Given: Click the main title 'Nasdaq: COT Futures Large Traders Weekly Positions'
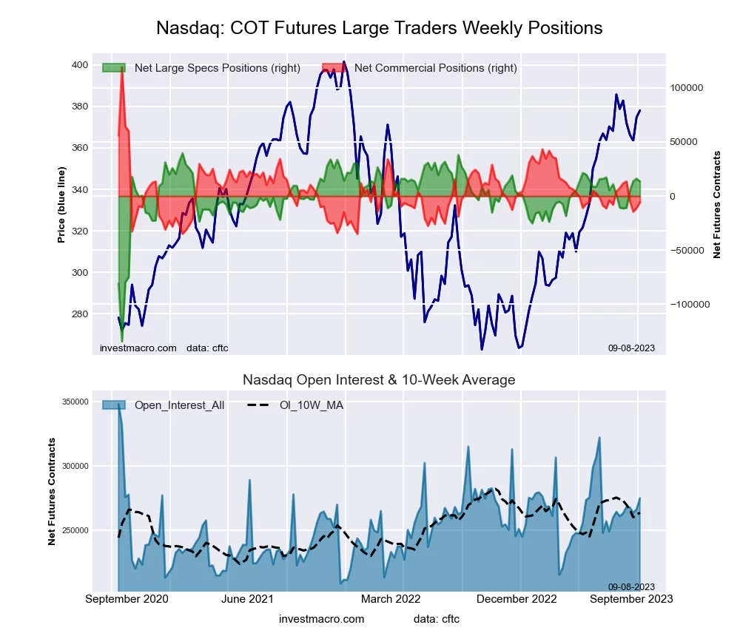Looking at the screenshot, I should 379,28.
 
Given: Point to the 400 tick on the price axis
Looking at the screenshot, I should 79,65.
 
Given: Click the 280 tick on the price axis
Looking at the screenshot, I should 79,314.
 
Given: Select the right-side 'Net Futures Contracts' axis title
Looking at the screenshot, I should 716,205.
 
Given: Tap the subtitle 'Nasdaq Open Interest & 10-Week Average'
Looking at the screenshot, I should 379,380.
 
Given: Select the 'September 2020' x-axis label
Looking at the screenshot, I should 127,598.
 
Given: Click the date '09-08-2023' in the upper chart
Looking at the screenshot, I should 631,348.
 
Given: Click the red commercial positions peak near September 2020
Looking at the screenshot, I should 122,67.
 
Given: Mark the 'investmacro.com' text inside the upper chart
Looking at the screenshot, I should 138,348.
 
